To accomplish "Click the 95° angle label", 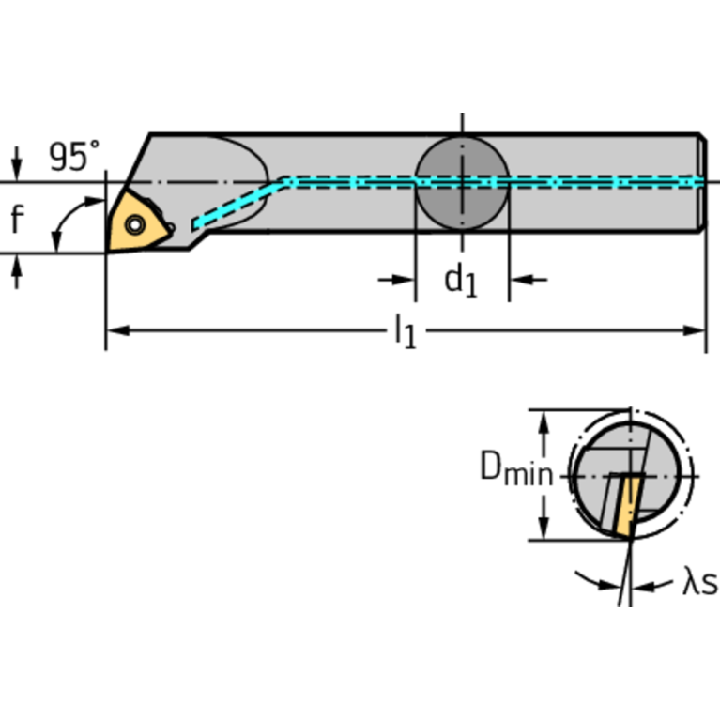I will point(74,157).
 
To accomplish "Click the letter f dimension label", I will point(17,220).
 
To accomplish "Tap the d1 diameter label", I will point(461,280).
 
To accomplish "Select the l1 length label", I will point(405,330).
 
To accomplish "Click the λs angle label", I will point(698,584).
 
